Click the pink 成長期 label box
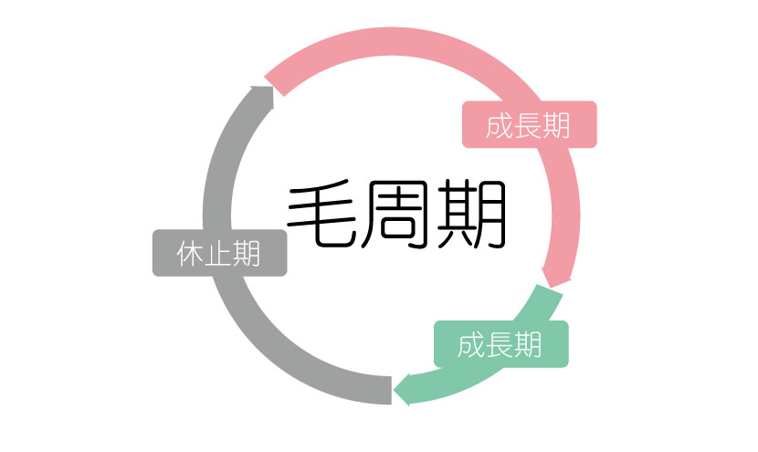[529, 124]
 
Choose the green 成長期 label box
[500, 344]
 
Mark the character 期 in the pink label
[557, 125]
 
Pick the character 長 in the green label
[500, 345]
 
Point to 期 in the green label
[528, 345]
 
